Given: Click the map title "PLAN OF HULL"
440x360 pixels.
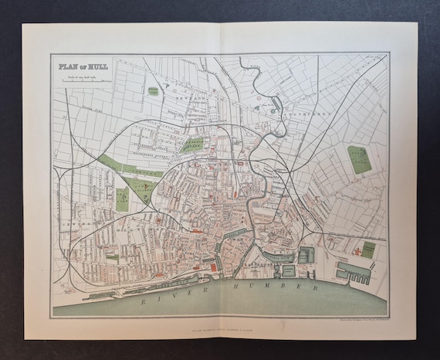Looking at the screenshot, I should point(82,66).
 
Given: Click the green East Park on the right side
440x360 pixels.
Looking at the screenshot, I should point(357,158).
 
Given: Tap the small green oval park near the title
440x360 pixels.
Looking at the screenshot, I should point(153,91).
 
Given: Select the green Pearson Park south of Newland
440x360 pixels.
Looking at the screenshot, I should point(193,144).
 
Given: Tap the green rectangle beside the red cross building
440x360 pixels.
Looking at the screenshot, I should point(368,250).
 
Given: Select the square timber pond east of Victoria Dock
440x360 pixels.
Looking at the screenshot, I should point(306,255).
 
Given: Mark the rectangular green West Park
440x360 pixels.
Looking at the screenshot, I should point(123,199).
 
